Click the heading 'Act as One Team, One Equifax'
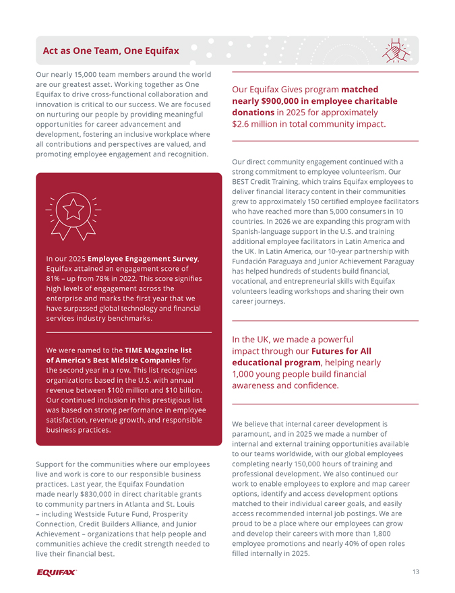111,51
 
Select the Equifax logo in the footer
57,572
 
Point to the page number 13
415,572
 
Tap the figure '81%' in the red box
54,278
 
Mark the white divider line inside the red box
129,333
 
